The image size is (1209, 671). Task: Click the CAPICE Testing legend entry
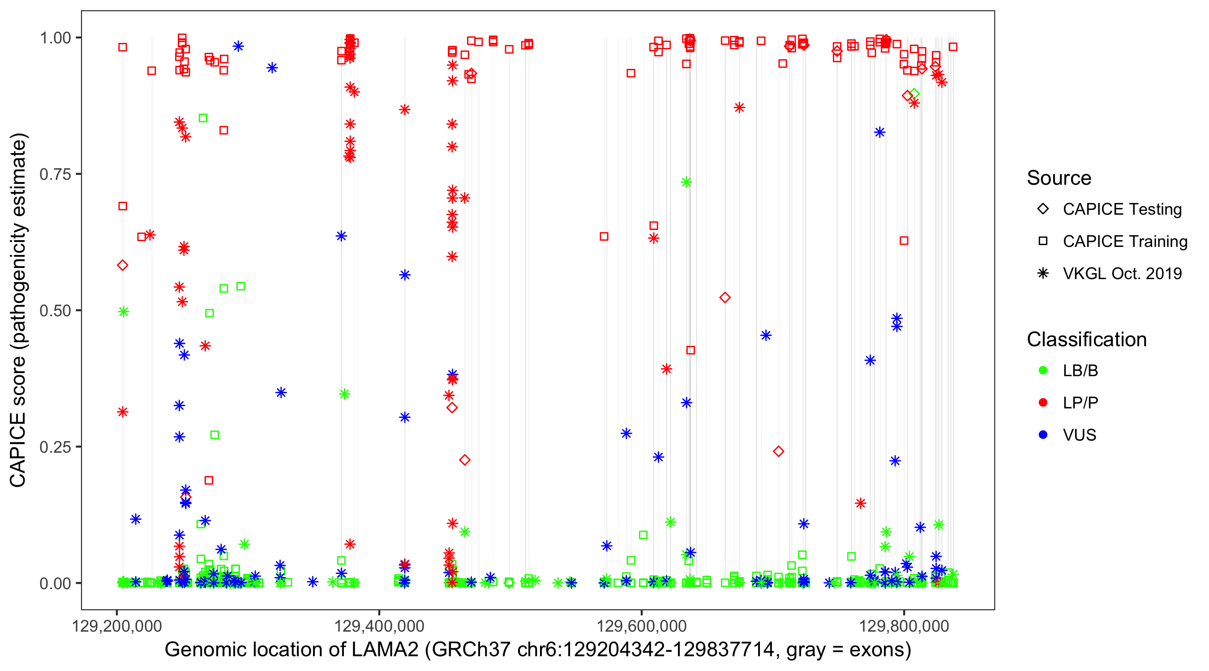point(1122,209)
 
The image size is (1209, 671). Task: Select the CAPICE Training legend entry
point(1124,242)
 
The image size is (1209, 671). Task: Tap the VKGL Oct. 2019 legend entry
point(1122,273)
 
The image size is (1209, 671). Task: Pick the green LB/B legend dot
point(1043,370)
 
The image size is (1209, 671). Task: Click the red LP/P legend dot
point(1043,403)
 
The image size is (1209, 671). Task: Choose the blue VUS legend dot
point(1043,435)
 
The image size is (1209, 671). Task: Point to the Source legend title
point(1059,178)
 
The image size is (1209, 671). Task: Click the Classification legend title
point(1086,340)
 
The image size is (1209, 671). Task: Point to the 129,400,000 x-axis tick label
point(379,626)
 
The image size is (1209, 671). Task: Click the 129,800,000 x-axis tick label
point(904,626)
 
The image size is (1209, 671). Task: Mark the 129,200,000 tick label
point(117,626)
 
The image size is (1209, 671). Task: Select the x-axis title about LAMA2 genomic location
point(538,650)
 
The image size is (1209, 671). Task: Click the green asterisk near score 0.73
point(686,183)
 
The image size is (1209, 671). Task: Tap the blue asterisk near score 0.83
point(879,132)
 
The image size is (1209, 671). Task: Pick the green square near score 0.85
point(203,118)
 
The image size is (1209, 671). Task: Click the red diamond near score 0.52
point(725,298)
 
